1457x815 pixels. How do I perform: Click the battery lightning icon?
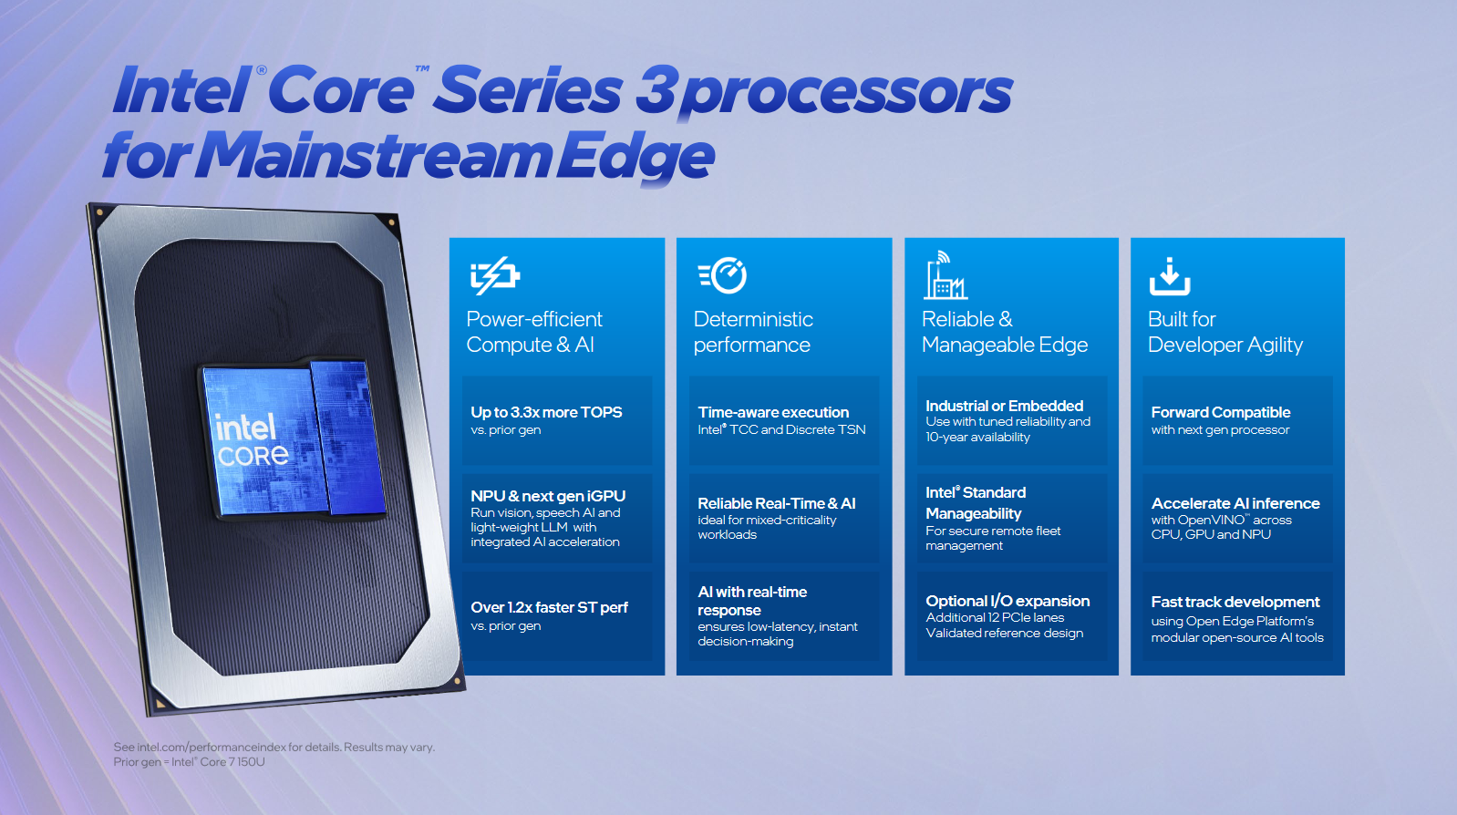[495, 275]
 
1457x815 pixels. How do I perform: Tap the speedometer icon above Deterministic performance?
[723, 275]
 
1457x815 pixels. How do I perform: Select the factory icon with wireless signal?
[945, 275]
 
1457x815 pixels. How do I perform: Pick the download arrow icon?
[1170, 276]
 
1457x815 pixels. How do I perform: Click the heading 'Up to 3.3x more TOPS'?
[546, 412]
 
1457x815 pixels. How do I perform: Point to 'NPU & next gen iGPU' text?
[548, 496]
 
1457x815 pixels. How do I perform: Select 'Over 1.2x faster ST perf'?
[549, 607]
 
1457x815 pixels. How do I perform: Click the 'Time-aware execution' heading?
[773, 412]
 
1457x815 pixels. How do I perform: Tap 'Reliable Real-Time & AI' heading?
[777, 503]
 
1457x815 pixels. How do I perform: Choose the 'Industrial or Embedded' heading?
[1004, 406]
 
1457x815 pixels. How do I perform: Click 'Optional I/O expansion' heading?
[1007, 601]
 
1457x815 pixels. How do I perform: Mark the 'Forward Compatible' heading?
[1221, 412]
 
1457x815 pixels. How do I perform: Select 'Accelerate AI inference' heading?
[1235, 503]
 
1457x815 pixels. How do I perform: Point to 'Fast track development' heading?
[1235, 603]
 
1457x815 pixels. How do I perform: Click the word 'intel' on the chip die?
[246, 428]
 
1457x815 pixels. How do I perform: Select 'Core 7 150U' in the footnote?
[232, 761]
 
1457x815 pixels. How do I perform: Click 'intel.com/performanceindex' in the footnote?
[211, 748]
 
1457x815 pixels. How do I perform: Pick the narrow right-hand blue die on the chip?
[348, 436]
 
